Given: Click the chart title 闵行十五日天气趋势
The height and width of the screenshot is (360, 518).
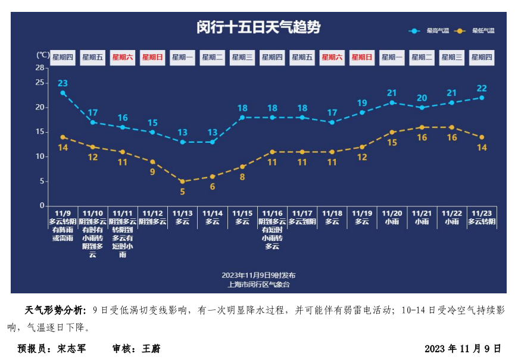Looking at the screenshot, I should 258,27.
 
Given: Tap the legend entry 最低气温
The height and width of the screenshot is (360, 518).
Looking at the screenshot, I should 483,30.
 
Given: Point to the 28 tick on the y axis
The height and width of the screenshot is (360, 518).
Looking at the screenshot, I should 40,68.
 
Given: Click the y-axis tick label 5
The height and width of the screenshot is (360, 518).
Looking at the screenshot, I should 42,181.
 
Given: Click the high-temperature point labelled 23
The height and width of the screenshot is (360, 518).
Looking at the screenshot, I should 63,93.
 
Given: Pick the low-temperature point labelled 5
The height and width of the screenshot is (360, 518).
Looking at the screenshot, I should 182,181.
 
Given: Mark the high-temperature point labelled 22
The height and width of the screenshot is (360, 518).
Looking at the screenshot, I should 482,98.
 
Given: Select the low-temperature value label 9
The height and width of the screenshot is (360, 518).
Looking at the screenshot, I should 152,172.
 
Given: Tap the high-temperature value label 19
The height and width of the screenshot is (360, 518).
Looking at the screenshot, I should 362,103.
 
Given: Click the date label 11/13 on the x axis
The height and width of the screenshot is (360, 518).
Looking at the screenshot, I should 182,213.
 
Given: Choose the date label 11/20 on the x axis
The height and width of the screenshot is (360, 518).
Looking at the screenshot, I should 392,213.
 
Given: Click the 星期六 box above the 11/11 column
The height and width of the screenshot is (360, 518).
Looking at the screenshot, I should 123,58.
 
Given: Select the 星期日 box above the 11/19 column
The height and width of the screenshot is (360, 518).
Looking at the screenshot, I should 362,58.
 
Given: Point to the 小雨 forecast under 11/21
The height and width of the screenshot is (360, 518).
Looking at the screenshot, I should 422,221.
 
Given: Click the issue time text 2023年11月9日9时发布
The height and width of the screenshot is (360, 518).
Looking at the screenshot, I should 258,275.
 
